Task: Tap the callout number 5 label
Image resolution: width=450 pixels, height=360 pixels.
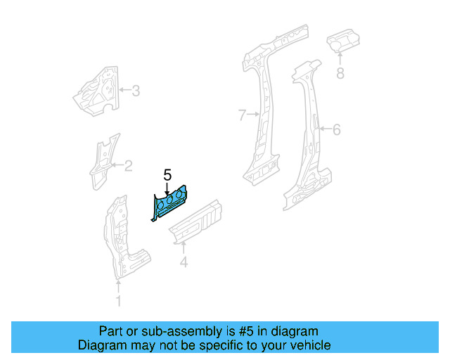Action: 167,175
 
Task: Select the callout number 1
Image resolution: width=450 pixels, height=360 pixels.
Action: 118,302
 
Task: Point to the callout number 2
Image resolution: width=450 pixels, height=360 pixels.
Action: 128,166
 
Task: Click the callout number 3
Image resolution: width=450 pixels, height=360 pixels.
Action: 136,90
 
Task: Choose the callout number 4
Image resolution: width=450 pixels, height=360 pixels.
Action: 184,263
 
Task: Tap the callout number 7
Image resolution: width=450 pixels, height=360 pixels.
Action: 242,114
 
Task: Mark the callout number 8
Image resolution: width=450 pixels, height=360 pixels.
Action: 340,72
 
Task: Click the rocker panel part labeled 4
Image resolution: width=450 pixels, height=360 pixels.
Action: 197,221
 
